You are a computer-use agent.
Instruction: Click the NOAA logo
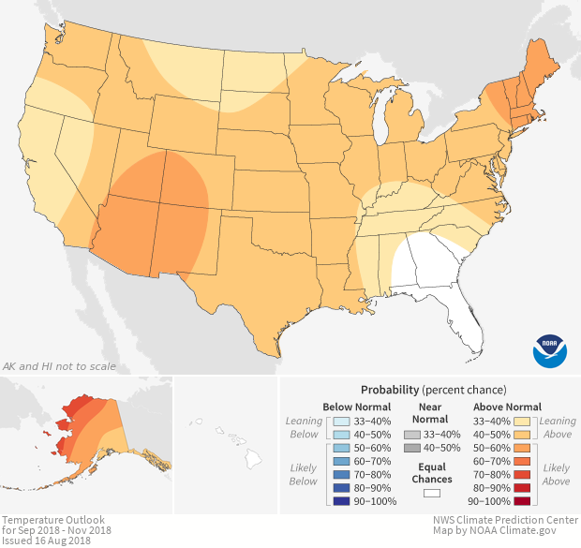tap(550, 349)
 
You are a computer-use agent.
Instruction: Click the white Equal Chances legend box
tap(432, 493)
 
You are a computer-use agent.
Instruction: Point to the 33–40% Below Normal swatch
tap(339, 422)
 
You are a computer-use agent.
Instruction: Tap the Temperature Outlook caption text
tap(52, 519)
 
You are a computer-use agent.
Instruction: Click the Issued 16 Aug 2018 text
tap(47, 541)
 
